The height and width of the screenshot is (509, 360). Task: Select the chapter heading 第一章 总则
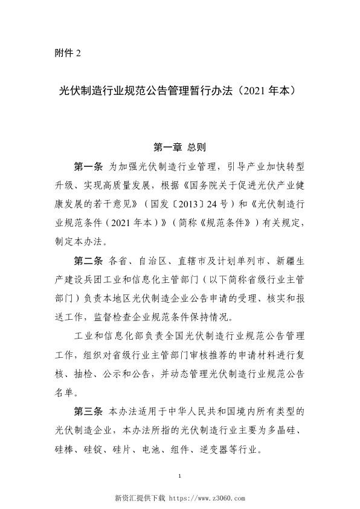(x=180, y=146)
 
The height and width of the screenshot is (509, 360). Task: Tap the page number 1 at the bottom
(x=180, y=477)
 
